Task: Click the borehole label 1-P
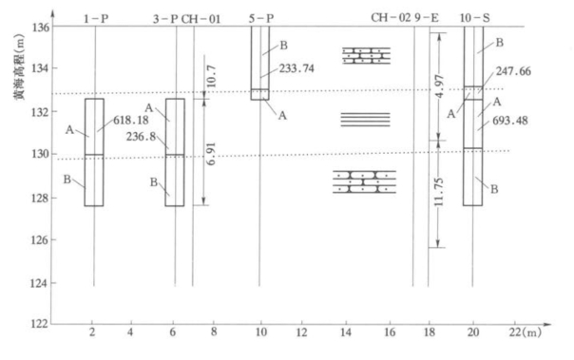96,19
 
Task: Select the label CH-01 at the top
201,19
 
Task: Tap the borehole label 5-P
261,18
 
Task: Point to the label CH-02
391,17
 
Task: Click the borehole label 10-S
475,18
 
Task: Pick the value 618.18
131,120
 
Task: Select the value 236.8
142,137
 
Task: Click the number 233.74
297,68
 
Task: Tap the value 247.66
513,71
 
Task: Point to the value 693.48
510,121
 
